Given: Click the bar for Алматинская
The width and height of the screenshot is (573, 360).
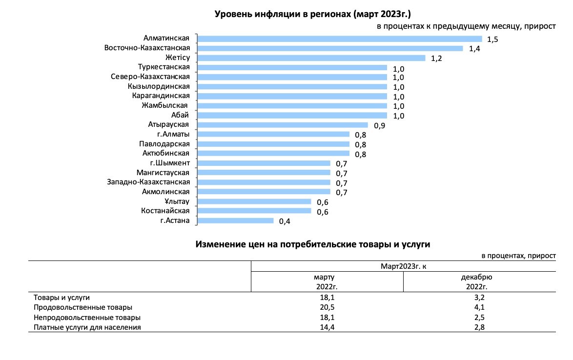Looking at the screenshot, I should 340,39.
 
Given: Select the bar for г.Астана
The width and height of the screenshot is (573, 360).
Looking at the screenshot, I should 236,220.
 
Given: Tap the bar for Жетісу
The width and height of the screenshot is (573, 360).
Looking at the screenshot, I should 311,58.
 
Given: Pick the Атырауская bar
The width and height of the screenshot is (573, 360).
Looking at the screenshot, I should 283,125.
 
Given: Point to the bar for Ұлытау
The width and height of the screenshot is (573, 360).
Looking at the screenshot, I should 254,201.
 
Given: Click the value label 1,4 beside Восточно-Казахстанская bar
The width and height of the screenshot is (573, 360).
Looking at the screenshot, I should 474,49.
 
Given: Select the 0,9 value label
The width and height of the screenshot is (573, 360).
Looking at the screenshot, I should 380,125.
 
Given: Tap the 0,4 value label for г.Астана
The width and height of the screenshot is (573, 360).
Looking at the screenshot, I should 285,221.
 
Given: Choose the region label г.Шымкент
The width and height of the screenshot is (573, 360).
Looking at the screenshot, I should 170,163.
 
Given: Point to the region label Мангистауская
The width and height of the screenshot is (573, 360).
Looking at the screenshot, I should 163,173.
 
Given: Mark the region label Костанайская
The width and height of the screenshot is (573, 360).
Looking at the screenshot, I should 165,211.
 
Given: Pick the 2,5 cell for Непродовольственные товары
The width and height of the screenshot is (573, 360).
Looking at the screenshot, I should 479,318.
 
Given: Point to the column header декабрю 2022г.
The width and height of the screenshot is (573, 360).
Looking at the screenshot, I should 479,282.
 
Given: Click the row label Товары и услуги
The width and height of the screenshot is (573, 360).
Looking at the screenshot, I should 61,297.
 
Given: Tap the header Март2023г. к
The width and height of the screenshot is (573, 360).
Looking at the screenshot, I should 403,266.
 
